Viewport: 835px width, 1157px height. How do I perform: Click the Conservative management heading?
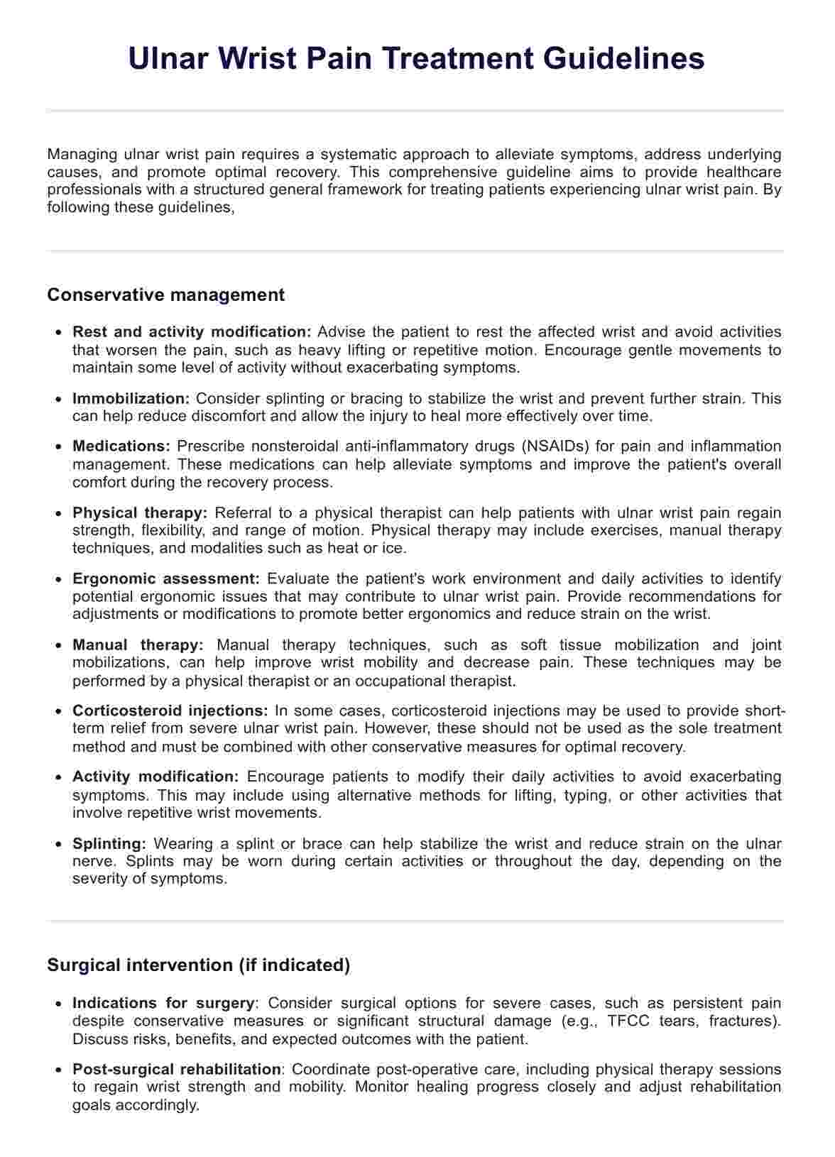point(165,295)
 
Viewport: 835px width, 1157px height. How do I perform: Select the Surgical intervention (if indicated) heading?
point(198,965)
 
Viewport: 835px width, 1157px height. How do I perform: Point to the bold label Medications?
point(121,446)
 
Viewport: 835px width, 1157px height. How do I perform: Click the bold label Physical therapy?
point(140,512)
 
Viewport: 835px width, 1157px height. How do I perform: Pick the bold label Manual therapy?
point(138,645)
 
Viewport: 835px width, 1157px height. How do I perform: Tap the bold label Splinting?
point(109,844)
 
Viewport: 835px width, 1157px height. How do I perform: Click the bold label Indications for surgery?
point(163,1004)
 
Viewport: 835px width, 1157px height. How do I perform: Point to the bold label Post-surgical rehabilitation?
point(177,1070)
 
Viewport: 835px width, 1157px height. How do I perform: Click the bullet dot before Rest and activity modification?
point(58,332)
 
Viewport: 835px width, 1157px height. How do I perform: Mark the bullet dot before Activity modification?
point(58,778)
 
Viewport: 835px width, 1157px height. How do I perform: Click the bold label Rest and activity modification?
point(192,332)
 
